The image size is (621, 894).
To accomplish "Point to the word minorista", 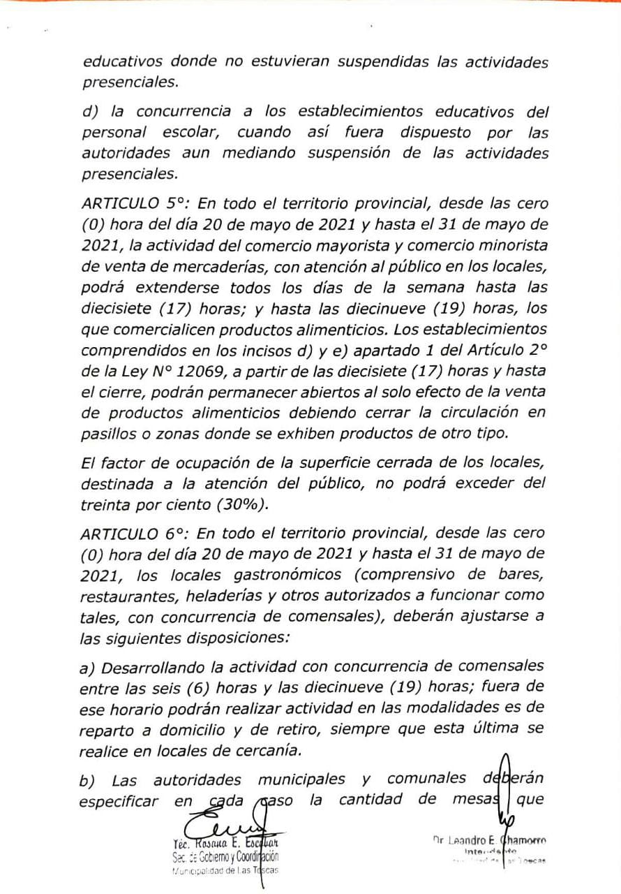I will [x=506, y=246].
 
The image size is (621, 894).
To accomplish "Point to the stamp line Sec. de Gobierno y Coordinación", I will [x=225, y=857].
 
